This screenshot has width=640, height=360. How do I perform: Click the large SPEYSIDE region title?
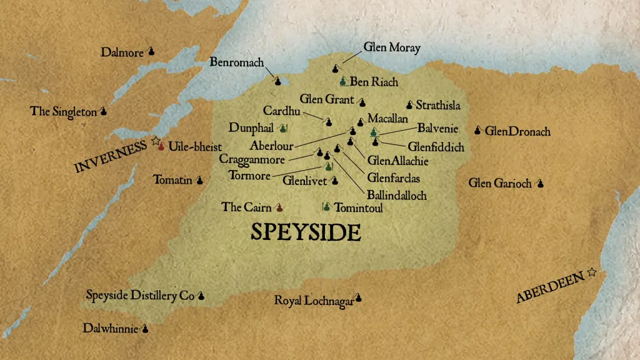(306, 232)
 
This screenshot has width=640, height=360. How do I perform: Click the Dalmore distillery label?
(122, 52)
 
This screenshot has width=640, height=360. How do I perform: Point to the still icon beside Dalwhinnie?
(145, 327)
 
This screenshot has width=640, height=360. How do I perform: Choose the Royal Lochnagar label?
(314, 301)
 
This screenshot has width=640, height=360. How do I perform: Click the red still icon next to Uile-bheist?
(161, 146)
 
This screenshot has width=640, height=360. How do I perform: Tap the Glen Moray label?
(392, 47)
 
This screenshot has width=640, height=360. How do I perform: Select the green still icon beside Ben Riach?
(342, 81)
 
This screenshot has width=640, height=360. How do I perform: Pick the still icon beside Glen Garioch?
(540, 183)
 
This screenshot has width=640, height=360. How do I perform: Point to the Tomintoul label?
(359, 207)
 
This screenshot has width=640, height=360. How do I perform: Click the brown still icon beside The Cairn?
(279, 207)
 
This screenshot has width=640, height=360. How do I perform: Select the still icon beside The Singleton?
(103, 112)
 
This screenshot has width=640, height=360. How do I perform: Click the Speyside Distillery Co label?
(140, 296)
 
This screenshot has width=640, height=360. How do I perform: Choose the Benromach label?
(237, 62)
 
